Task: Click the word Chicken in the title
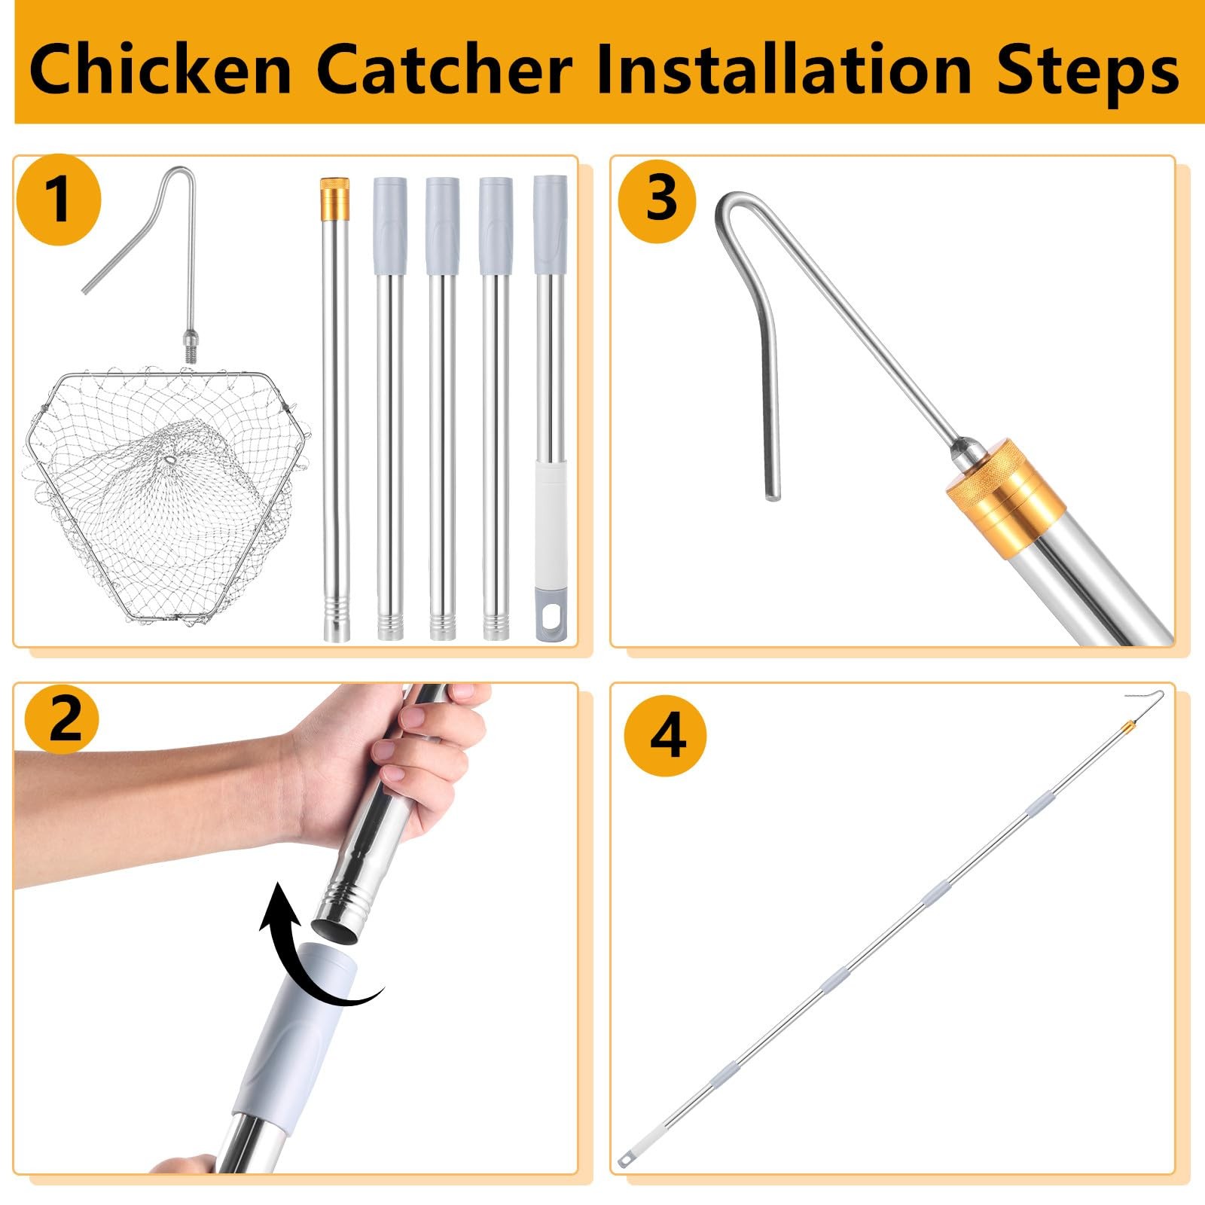click(160, 69)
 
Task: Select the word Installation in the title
click(784, 69)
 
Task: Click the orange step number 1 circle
click(59, 200)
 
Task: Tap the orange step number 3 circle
click(658, 200)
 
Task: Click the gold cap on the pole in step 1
click(334, 195)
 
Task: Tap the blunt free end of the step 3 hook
click(773, 494)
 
